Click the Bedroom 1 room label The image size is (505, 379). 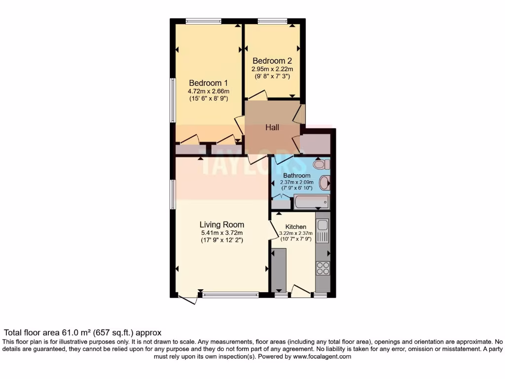[x=208, y=83]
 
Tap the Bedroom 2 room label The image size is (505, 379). [x=272, y=61]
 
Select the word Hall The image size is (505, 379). [x=272, y=127]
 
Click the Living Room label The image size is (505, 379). [x=222, y=225]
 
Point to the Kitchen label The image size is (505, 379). [x=296, y=227]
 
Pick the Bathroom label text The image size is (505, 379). [x=297, y=176]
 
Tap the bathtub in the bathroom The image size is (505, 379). [x=311, y=202]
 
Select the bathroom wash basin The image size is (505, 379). [x=325, y=183]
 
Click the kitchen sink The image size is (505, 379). [x=323, y=226]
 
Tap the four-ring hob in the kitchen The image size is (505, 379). [x=323, y=268]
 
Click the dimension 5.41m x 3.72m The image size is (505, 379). [x=222, y=233]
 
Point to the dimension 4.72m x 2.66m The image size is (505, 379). [x=208, y=91]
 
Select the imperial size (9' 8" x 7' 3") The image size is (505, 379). [x=272, y=76]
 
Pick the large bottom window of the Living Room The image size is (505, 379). [x=230, y=295]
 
